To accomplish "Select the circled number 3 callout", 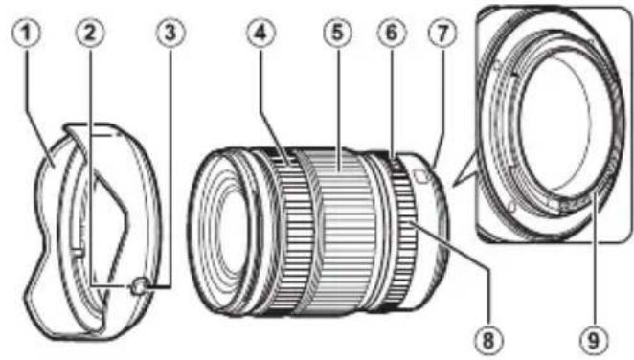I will (x=170, y=32).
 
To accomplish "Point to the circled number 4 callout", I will (x=259, y=32).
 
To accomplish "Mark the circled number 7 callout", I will (x=442, y=32).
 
